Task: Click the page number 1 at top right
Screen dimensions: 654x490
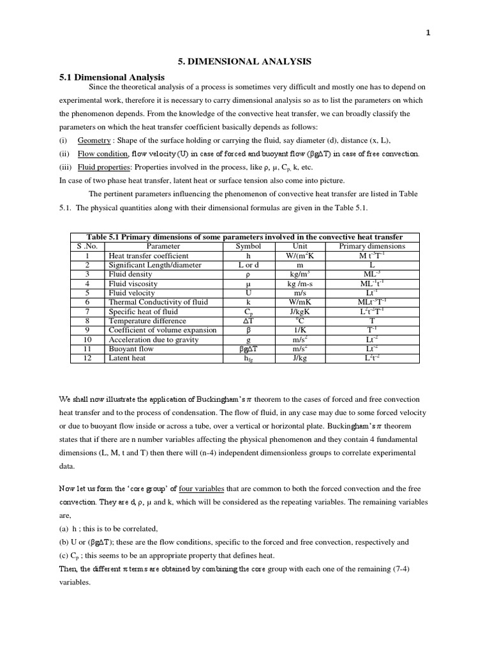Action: point(428,35)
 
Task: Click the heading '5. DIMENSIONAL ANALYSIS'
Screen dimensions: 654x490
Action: point(244,61)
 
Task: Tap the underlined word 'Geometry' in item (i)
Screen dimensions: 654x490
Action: point(93,140)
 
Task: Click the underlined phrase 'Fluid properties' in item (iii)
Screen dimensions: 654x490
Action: point(103,167)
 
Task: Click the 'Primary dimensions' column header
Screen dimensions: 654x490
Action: point(371,246)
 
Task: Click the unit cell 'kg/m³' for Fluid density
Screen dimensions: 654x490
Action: point(300,274)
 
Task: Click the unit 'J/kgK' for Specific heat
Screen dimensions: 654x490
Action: point(300,312)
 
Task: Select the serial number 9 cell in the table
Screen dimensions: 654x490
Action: point(88,330)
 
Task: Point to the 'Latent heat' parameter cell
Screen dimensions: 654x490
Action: point(127,358)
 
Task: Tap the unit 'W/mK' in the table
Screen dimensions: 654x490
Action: point(300,302)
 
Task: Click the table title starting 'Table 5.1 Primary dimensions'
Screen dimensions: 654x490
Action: point(244,237)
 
